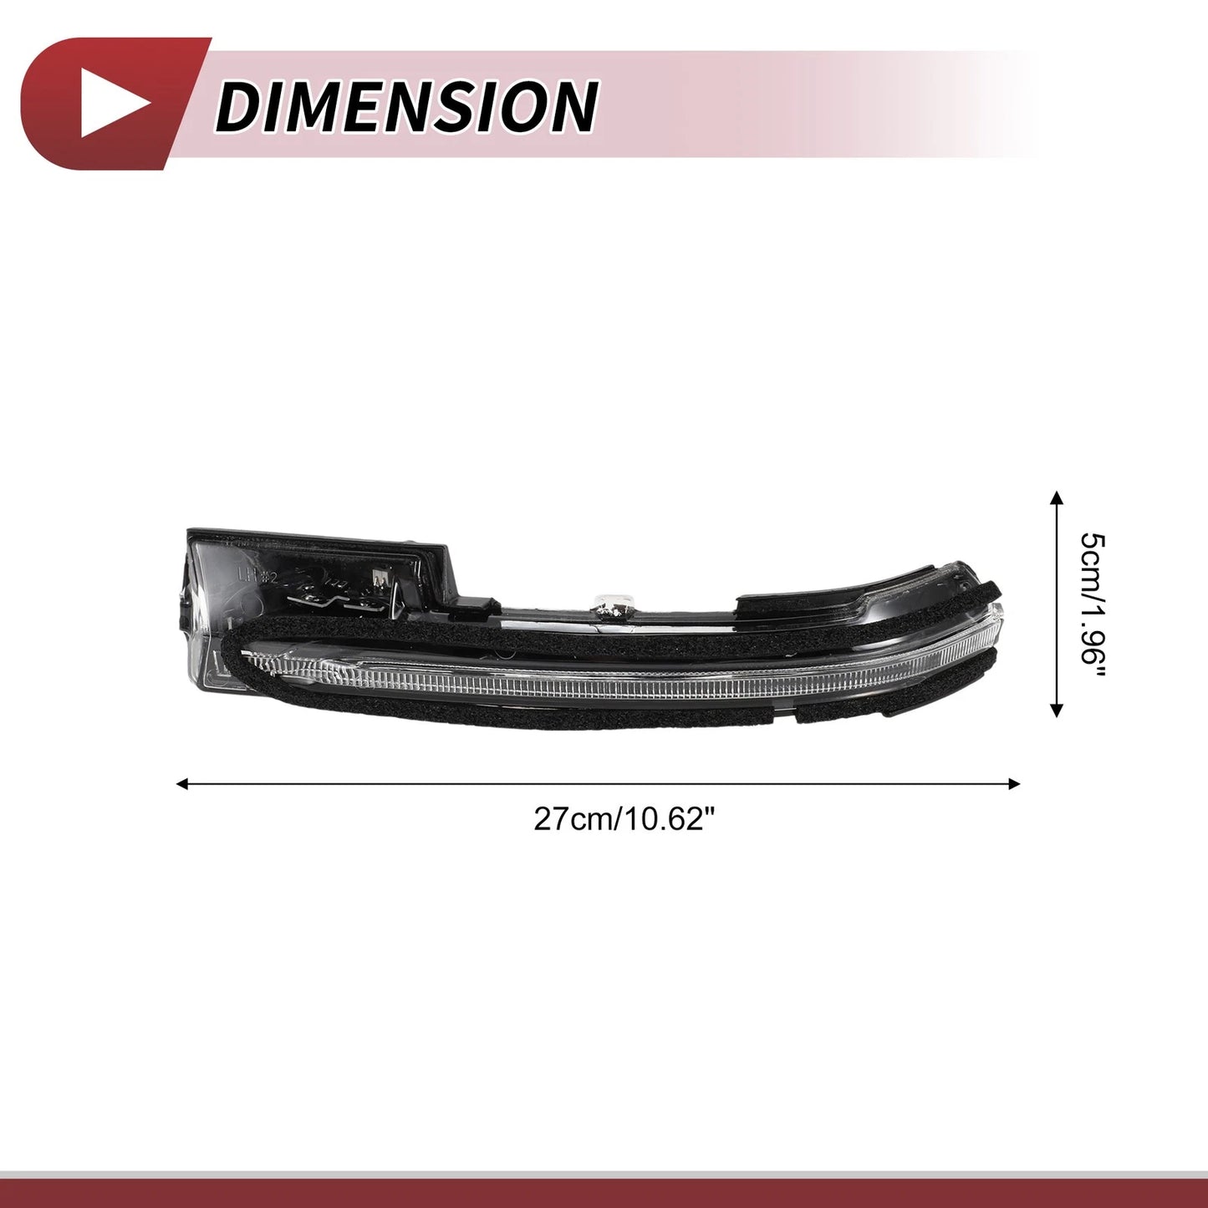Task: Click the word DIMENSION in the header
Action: tap(406, 106)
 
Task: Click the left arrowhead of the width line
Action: tap(182, 783)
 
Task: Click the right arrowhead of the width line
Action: tap(1014, 783)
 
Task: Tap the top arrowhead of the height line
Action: tap(1057, 498)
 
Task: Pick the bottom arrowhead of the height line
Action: tap(1057, 711)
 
